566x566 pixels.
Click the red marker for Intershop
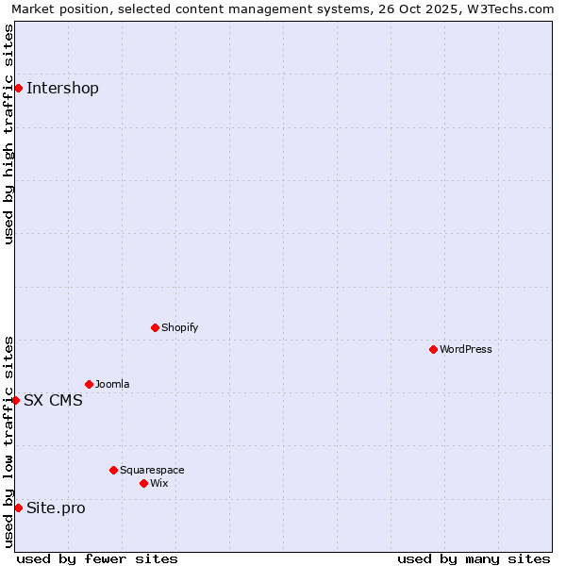[x=18, y=88]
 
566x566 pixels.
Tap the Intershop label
[x=62, y=89]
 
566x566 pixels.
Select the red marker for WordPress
[x=433, y=349]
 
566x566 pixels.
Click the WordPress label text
[x=466, y=349]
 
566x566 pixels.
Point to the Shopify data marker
[x=155, y=327]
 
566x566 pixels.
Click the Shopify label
[x=180, y=327]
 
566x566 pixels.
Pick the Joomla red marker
[x=89, y=384]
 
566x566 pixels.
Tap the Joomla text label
[x=112, y=384]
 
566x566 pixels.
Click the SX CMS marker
[x=15, y=400]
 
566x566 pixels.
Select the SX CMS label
[x=53, y=400]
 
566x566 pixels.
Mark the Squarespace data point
[x=113, y=470]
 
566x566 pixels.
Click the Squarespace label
[x=152, y=470]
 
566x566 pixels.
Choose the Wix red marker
[x=143, y=483]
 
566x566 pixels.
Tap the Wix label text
[x=159, y=483]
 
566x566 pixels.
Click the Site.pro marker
[x=18, y=508]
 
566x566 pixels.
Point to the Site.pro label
[x=56, y=508]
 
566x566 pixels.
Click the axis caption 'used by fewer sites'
[x=97, y=558]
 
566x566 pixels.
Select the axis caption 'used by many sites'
[x=474, y=558]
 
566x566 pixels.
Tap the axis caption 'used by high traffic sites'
[x=8, y=134]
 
